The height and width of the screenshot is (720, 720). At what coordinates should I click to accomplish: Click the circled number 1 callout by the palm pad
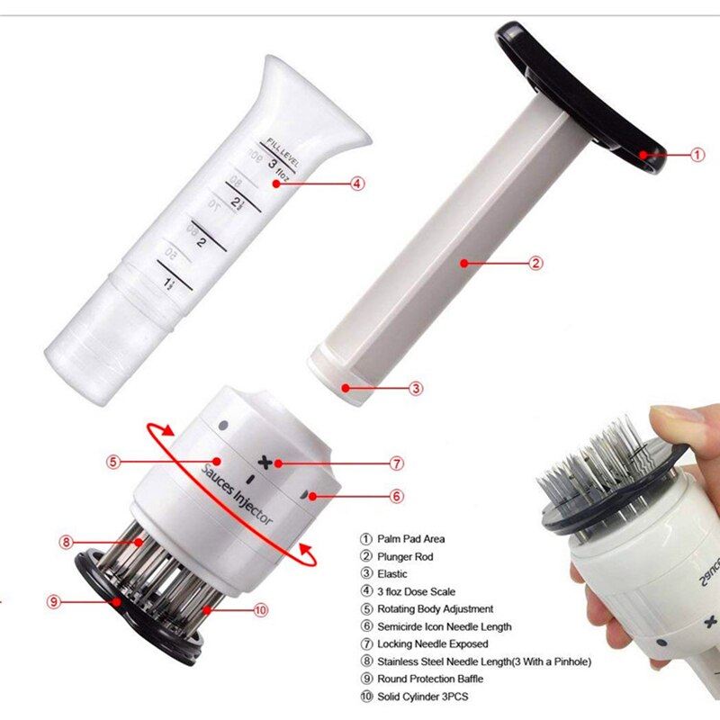point(697,154)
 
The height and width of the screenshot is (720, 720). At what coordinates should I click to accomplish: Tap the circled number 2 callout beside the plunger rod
point(535,264)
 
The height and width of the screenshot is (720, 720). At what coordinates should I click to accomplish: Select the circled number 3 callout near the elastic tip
point(416,389)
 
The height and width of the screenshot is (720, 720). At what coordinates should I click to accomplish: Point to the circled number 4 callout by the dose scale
point(357,184)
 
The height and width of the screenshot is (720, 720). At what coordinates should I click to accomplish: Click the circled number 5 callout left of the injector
point(112,463)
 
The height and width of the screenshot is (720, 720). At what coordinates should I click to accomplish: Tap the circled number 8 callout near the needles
point(66,542)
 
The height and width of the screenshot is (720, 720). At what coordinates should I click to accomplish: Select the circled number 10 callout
point(261,609)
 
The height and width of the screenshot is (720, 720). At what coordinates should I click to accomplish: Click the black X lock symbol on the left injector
point(264,462)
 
